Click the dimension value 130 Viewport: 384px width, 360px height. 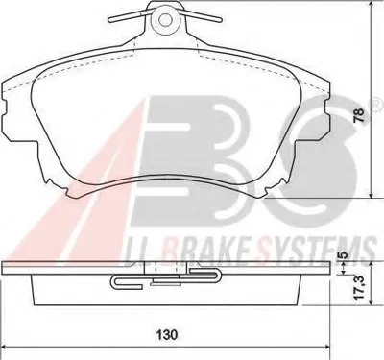tap(167, 335)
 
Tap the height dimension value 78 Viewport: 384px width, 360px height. tap(360, 115)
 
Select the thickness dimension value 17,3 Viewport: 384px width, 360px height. tap(360, 288)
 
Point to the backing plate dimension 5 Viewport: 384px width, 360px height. tap(343, 255)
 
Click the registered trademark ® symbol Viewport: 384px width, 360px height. tap(377, 104)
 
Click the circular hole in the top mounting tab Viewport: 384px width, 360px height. tap(165, 19)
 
